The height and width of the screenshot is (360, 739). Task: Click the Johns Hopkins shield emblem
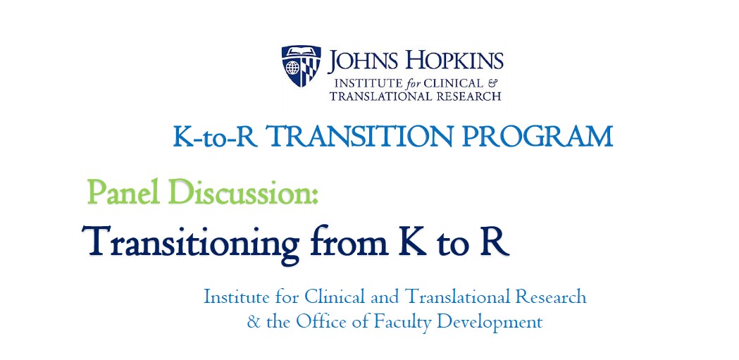(301, 66)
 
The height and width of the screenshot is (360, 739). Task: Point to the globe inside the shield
(292, 69)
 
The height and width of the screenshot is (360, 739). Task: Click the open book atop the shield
(301, 51)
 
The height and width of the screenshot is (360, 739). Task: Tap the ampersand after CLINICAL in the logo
(493, 83)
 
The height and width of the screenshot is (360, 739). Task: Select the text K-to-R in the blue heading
(216, 137)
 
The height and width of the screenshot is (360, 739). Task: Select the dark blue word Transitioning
(191, 242)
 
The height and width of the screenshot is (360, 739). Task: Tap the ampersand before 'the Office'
(254, 322)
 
